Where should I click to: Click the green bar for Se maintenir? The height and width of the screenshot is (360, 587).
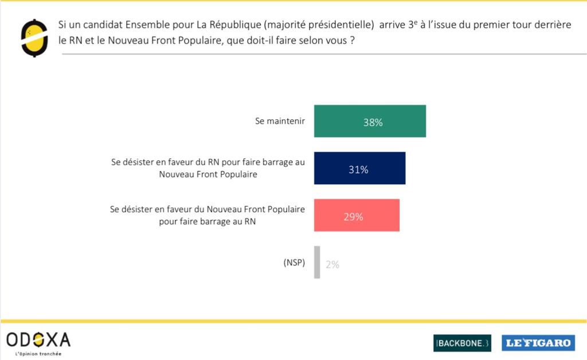[x=370, y=121]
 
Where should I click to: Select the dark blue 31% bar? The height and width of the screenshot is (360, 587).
[x=359, y=168]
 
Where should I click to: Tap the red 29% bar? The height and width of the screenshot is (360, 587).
[x=357, y=215]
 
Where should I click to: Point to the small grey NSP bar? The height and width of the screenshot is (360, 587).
[x=317, y=262]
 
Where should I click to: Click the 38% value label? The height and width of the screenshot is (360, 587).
[x=373, y=122]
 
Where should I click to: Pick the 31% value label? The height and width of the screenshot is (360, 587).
[x=358, y=170]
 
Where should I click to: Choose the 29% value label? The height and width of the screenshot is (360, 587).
[x=353, y=217]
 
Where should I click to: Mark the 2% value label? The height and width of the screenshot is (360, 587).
[x=332, y=264]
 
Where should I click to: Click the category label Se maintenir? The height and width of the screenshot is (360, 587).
[x=280, y=122]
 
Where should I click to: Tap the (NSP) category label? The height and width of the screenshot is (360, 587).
[x=294, y=262]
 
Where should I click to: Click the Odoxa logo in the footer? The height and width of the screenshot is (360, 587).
[x=38, y=340]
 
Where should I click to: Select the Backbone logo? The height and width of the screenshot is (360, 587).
[x=462, y=342]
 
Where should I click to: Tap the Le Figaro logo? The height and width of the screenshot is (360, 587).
[x=538, y=342]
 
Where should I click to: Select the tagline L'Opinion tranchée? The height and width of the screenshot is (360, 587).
[x=35, y=354]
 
